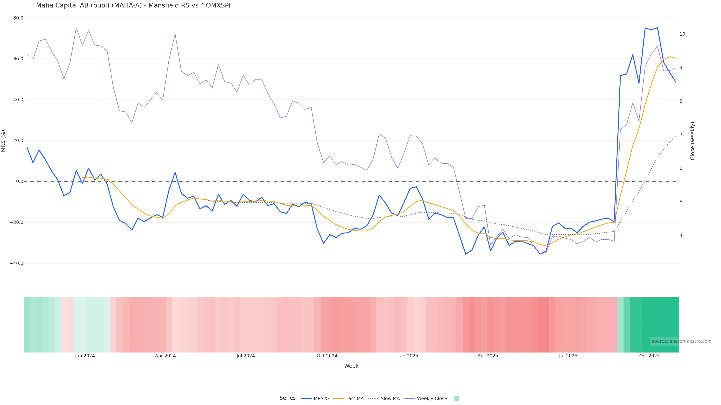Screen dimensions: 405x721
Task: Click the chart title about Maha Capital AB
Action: [x=133, y=5]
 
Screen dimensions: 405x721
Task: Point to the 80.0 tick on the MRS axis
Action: [x=18, y=18]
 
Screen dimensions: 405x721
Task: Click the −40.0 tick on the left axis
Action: [x=17, y=263]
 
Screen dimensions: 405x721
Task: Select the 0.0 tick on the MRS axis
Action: [x=20, y=181]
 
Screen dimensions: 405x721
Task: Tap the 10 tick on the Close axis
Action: [x=682, y=34]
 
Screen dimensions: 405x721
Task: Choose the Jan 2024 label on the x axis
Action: [x=85, y=356]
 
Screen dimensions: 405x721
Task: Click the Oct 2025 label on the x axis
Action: [x=649, y=356]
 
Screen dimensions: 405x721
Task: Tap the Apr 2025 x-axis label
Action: [x=488, y=356]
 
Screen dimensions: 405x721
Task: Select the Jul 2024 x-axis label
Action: [x=245, y=356]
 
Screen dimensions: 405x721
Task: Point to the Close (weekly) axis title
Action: [x=692, y=141]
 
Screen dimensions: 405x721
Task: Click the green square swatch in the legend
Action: [x=456, y=399]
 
